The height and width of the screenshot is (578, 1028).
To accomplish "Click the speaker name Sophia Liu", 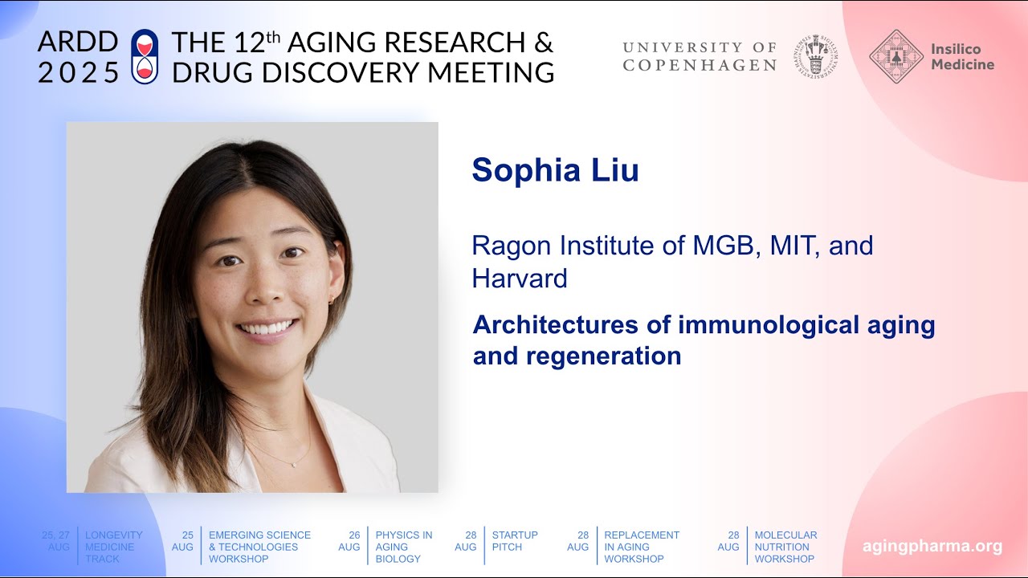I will pos(555,170).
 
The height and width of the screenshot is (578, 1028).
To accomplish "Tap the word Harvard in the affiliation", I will pos(520,279).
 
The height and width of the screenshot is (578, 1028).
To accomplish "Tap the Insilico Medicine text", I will pos(962,57).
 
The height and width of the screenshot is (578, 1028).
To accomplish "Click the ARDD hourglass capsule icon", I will pos(145,56).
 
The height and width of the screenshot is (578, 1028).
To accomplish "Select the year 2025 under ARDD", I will pos(78,72).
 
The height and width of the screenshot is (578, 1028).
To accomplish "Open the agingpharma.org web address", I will pos(932,547).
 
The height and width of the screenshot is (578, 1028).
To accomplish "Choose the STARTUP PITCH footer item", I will pos(515,541).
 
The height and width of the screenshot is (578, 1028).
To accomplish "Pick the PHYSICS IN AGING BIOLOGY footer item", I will pos(404,547).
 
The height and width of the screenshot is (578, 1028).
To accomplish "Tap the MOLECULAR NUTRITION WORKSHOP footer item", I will pos(785,547).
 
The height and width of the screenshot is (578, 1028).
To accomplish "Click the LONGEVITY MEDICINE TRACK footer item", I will pos(114,547).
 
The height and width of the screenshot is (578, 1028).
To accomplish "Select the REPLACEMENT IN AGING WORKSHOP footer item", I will pos(642,547).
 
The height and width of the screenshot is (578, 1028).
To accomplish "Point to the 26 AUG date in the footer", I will pos(349,541).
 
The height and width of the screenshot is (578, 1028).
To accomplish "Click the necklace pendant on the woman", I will pos(293,464).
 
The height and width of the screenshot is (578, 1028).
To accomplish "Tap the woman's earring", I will pos(329,302).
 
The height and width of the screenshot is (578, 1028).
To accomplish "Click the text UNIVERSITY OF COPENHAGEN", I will pos(700,56).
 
